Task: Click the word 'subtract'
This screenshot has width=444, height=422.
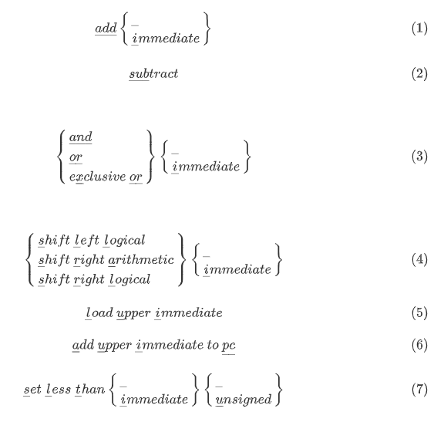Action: (153, 74)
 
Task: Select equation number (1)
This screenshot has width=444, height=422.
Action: (419, 29)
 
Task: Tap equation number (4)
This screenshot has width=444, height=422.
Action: (419, 259)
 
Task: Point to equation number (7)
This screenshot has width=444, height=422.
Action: (419, 389)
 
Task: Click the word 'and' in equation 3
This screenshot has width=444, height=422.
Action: (81, 137)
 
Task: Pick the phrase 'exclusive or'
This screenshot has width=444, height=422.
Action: (106, 177)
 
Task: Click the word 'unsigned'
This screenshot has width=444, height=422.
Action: (244, 400)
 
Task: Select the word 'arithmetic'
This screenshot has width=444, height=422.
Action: (141, 260)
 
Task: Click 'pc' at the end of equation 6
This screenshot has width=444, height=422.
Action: (229, 346)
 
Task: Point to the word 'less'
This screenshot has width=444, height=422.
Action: (59, 389)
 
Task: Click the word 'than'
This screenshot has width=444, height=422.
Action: (91, 389)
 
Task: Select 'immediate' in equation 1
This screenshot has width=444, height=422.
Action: (166, 39)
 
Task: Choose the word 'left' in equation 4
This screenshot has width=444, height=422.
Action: (86, 241)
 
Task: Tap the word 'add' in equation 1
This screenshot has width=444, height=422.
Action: (106, 29)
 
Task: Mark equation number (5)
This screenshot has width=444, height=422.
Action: (419, 313)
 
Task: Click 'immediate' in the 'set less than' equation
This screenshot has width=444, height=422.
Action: (153, 400)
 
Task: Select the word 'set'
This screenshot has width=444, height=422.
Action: (32, 390)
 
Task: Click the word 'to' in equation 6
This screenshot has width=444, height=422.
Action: (213, 345)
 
